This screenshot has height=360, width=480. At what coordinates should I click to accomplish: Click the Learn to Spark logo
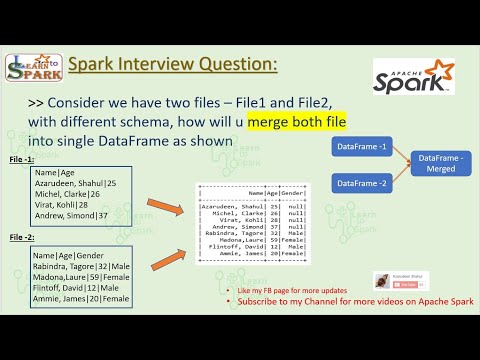point(34,68)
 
